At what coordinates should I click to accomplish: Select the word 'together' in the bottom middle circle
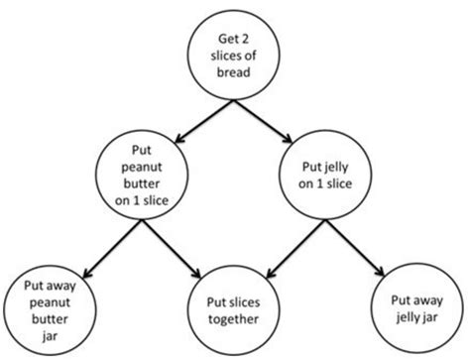pyautogui.click(x=233, y=319)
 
